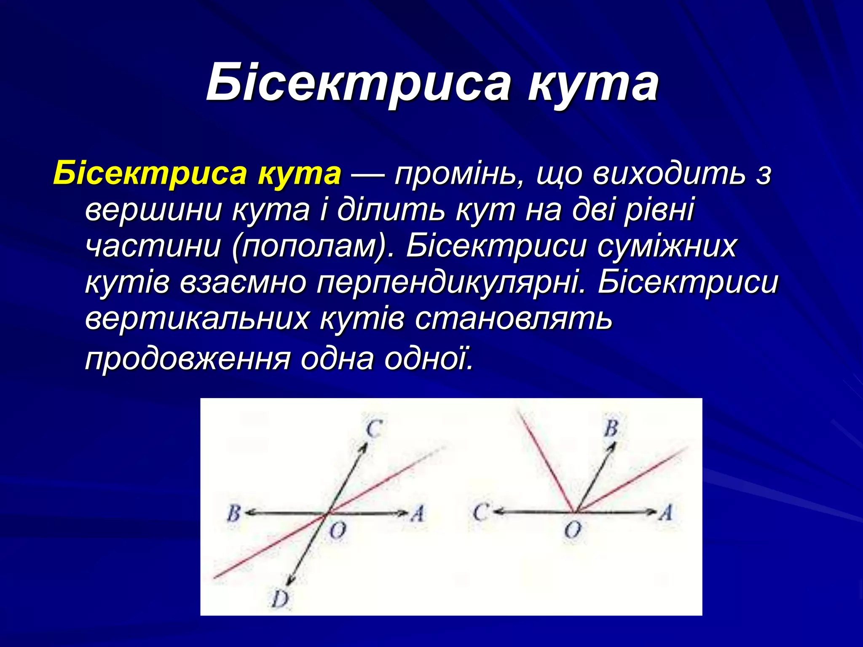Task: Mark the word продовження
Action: tap(188, 359)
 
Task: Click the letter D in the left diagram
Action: tap(279, 599)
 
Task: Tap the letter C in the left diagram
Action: tap(373, 429)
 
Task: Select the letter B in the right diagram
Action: tap(611, 428)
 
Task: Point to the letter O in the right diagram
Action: tap(573, 530)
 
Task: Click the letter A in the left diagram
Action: tap(418, 513)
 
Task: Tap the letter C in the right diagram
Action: tap(480, 513)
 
